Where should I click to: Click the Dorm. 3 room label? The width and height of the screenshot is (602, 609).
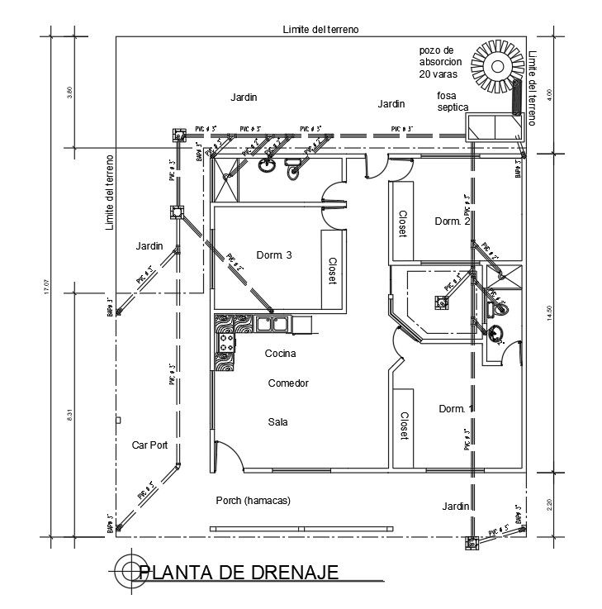274,255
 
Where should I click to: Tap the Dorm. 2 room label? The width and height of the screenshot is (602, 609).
453,221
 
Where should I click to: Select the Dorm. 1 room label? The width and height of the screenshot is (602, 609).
457,409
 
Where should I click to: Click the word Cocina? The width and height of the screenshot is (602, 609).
280,354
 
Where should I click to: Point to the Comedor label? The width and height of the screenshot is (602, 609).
288,383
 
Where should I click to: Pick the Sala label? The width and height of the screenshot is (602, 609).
277,422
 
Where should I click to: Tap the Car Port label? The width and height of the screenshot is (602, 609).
149,445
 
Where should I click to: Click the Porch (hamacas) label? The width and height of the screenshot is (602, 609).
254,501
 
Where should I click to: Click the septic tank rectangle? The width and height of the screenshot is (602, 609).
494,127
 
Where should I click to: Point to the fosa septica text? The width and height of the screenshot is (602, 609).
453,102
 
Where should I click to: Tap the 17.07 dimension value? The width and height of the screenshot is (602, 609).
47,287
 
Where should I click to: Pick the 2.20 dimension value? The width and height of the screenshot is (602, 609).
549,505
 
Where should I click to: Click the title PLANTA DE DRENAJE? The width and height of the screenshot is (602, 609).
239,573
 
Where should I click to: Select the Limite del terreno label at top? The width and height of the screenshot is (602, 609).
321,29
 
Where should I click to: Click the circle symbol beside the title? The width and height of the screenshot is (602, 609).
129,570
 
